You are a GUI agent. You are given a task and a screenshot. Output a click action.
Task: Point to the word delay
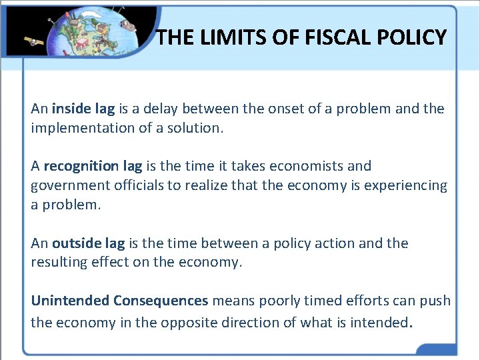point(159,108)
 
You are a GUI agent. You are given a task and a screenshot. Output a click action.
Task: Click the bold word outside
point(77,243)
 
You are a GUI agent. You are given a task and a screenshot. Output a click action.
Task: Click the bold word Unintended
point(70,301)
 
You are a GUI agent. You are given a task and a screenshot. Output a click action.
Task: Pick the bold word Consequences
point(161,301)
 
